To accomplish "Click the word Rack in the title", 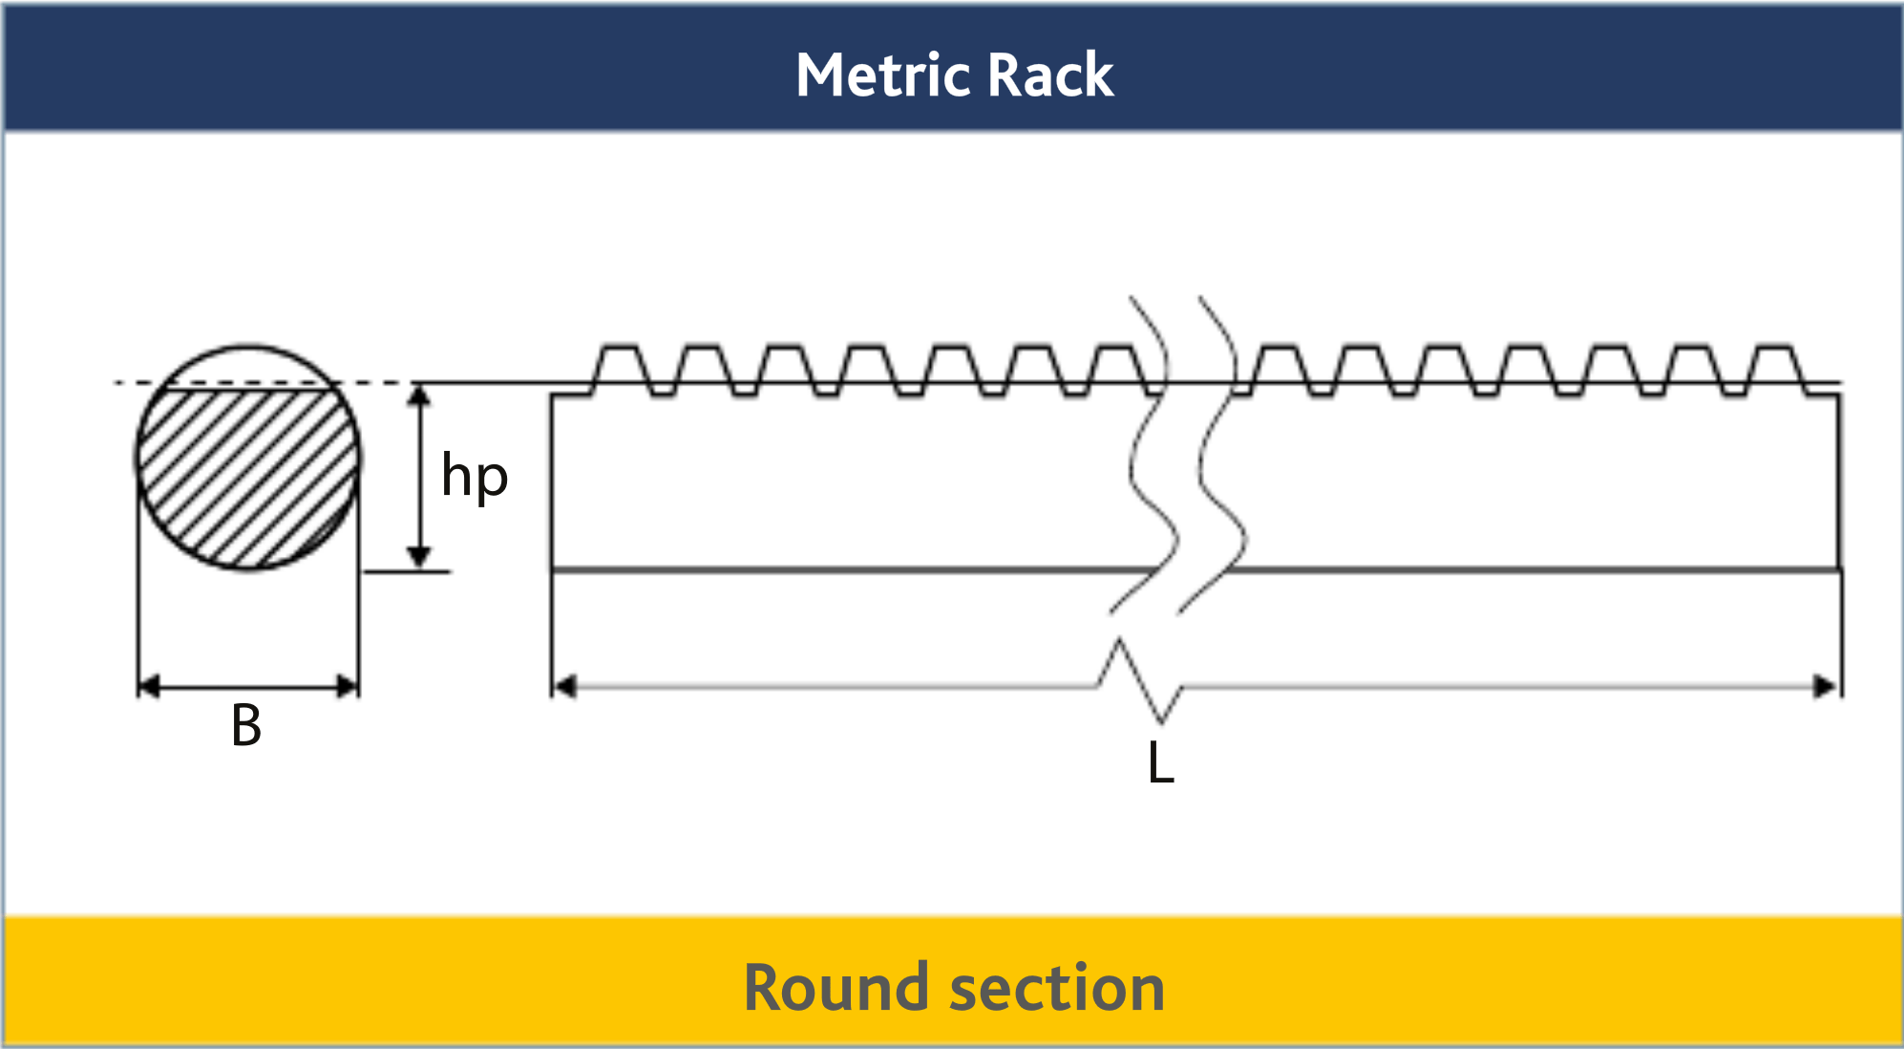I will point(1050,75).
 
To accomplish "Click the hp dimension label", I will point(474,478).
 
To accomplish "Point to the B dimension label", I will point(246,725).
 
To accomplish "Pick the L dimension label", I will point(1160,763).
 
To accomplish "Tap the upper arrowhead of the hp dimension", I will point(418,395).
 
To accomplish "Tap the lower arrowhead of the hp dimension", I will point(418,557).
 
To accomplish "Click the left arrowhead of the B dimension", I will point(149,686).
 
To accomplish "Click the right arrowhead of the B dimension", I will point(348,686).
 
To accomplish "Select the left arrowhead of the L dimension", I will point(565,686).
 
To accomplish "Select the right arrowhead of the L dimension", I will point(1825,686).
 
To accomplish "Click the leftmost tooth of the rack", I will point(621,366).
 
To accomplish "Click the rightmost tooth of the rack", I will point(1776,366).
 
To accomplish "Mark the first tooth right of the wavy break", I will point(1280,366).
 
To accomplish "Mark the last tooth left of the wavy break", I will point(1114,366).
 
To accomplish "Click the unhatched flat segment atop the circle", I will point(248,368).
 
